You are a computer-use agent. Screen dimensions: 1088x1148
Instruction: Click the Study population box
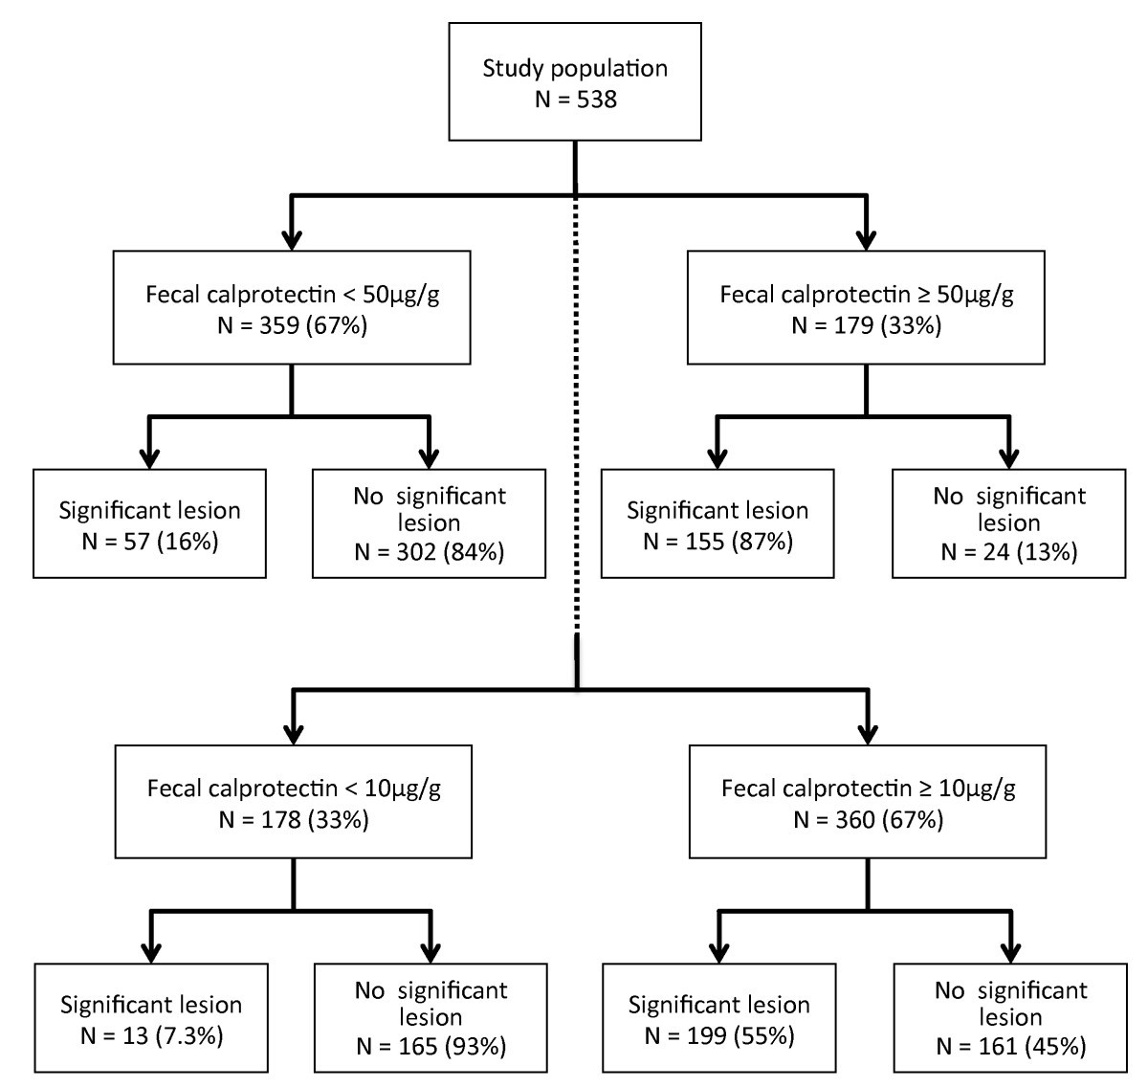tap(575, 82)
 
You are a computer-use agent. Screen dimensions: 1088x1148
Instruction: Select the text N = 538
tap(575, 99)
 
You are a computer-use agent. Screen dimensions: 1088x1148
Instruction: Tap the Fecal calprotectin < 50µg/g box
tap(292, 307)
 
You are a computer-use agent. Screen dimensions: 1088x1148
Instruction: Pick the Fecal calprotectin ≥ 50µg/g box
tap(866, 307)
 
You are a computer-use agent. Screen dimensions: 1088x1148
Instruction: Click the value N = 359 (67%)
tap(292, 325)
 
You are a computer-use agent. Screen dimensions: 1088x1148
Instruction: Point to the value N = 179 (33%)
tap(866, 325)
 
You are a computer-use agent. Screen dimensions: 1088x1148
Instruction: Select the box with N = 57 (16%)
tap(149, 523)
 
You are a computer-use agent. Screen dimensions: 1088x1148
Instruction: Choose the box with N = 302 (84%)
tap(429, 523)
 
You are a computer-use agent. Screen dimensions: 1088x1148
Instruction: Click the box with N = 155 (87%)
tap(717, 523)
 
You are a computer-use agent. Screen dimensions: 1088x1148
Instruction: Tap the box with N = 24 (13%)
tap(1008, 523)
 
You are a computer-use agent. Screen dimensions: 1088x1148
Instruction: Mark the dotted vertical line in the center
tap(576, 411)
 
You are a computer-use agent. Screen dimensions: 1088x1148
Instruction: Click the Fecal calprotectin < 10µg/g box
tap(293, 802)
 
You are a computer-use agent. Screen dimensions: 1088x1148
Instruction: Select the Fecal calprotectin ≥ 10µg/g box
tap(867, 802)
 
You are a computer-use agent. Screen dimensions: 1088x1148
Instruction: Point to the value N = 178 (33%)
tap(293, 820)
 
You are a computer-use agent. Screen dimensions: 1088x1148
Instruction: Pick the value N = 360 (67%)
tap(867, 820)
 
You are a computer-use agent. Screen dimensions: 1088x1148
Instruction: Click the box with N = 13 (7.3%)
tap(150, 1017)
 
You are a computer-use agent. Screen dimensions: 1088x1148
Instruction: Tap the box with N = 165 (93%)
tap(430, 1017)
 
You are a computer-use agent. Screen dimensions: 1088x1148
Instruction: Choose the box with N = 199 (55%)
tap(718, 1017)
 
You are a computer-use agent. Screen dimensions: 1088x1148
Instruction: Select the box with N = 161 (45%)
tap(1010, 1017)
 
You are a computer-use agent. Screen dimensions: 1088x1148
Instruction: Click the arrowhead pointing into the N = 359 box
tap(292, 238)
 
